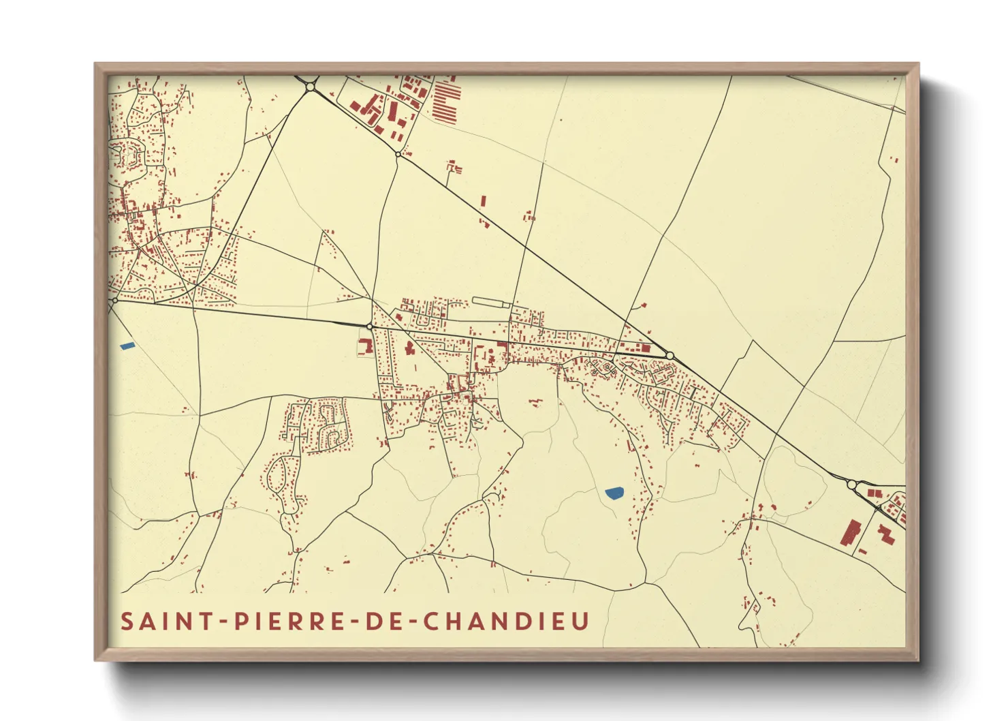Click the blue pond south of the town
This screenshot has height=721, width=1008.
(614, 492)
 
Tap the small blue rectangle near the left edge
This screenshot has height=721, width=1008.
(127, 346)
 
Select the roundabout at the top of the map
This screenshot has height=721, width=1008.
(311, 87)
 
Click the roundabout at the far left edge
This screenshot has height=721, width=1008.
(114, 300)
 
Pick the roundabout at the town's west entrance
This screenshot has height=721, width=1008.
(370, 326)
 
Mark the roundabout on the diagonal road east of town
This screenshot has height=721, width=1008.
(670, 356)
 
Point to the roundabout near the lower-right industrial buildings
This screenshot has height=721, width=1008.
(852, 485)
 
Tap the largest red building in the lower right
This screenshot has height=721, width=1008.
(851, 532)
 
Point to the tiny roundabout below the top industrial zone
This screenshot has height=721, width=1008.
(398, 155)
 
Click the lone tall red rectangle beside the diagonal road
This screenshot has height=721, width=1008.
(484, 201)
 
